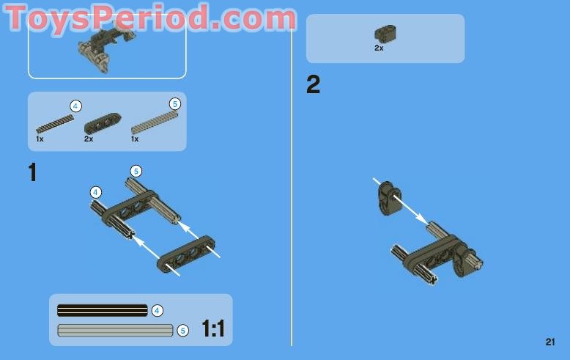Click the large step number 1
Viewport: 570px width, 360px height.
32,173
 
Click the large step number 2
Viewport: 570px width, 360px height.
313,86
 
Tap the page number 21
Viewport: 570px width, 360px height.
550,341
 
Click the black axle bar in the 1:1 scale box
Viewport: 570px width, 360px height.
102,310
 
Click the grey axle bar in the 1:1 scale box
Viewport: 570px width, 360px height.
115,330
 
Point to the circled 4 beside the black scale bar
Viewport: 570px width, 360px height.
158,310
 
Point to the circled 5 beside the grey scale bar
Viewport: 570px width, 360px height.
183,331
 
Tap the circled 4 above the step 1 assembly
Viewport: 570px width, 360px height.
96,192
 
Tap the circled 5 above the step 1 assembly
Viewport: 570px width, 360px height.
136,171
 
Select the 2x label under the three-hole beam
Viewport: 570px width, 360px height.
89,139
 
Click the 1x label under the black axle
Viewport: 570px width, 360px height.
40,139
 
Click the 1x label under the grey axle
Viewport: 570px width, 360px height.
135,139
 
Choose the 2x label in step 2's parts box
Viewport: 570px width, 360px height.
379,48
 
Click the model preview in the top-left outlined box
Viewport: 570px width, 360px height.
95,45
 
